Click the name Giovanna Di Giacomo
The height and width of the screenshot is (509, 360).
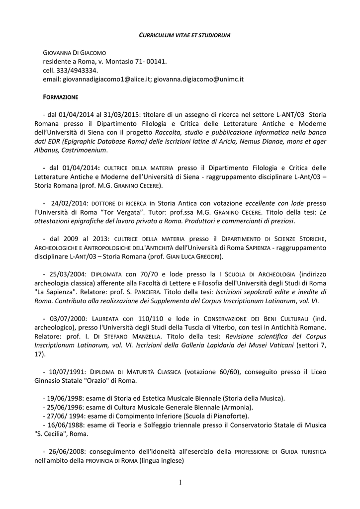tap(75, 52)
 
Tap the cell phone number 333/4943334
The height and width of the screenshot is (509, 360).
tap(75, 70)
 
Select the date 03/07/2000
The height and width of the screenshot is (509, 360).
tap(68, 318)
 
